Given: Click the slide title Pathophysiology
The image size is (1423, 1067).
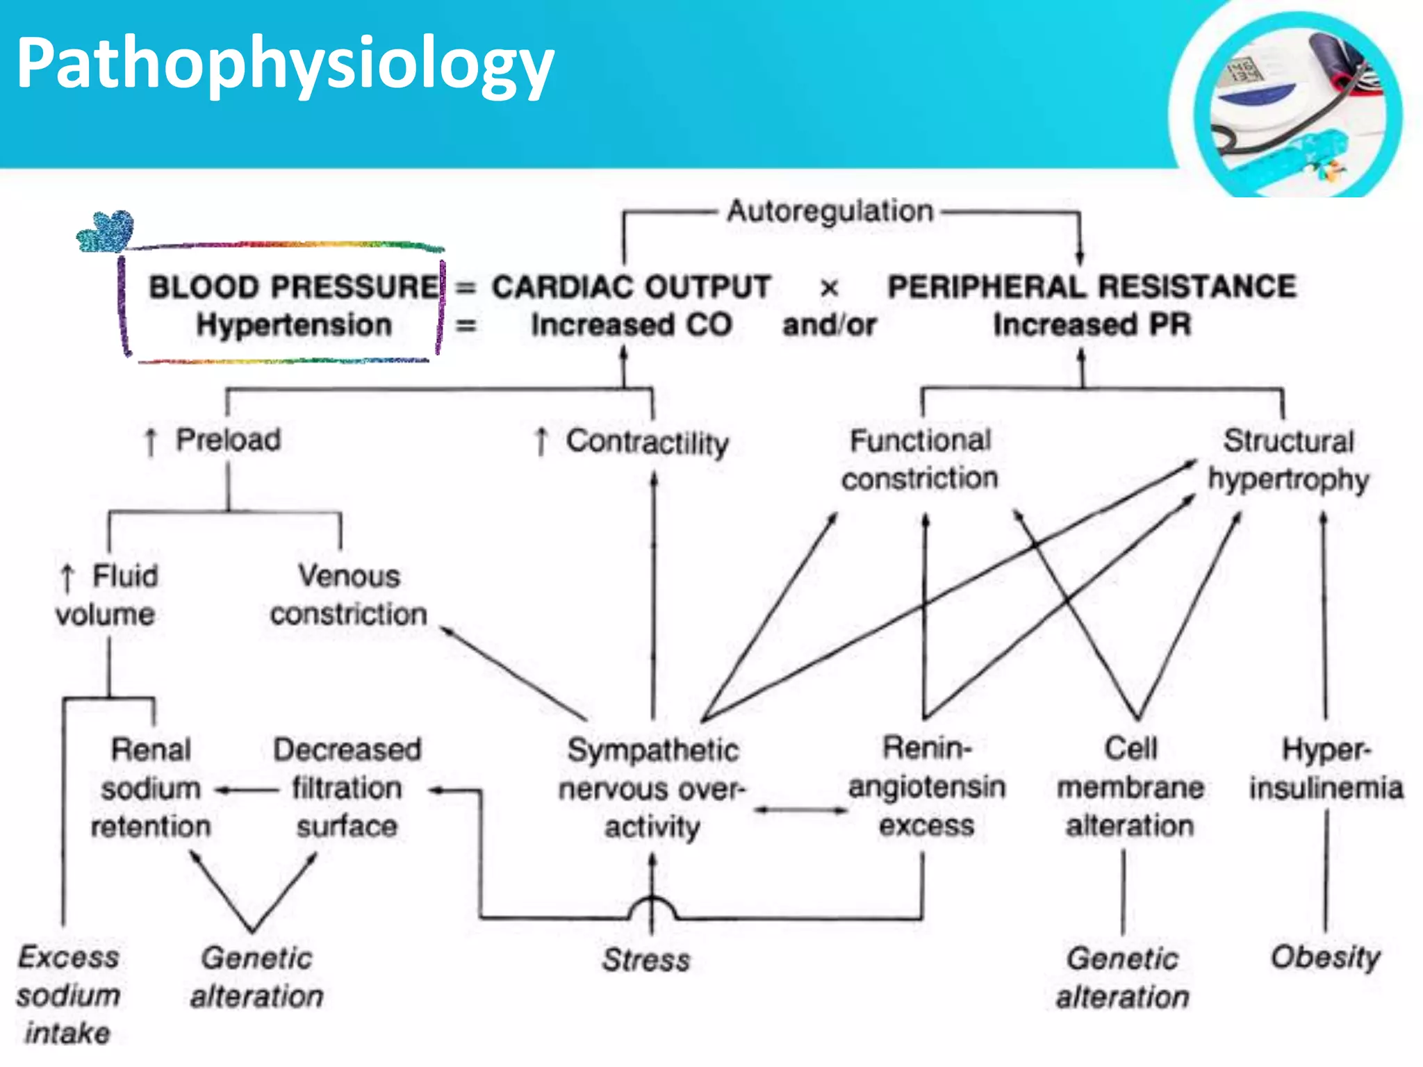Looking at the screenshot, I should click(285, 65).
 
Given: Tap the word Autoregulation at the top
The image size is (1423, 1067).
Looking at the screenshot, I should click(830, 211).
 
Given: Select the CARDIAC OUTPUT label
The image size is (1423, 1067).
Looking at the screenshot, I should click(631, 287).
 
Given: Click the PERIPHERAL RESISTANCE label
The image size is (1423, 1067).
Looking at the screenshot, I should click(1092, 287).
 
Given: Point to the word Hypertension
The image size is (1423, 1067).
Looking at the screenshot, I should click(294, 325).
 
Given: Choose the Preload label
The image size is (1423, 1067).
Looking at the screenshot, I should click(227, 440).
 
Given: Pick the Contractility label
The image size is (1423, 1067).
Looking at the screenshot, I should click(646, 442).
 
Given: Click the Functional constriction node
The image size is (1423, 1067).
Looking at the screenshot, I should click(920, 459).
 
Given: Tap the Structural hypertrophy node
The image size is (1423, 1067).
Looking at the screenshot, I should click(1288, 460).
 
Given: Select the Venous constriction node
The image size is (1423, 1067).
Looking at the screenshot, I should click(349, 595).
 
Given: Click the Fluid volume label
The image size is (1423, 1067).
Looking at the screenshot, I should click(108, 595).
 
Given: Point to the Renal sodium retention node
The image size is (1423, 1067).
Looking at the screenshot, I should click(151, 788).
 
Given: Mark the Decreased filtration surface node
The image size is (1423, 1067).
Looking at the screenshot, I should click(347, 788).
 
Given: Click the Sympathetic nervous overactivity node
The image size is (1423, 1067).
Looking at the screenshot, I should click(652, 788).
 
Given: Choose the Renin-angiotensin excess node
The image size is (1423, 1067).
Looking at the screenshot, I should click(927, 786).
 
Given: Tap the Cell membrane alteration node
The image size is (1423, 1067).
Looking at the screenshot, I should click(1130, 787).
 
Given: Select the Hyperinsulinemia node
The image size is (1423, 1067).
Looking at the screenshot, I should click(1326, 769).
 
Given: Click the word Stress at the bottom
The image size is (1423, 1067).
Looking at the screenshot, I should click(646, 960).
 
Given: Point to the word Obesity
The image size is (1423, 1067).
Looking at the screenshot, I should click(1326, 957).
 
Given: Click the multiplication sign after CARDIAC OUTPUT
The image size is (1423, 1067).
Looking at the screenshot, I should click(829, 288).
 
